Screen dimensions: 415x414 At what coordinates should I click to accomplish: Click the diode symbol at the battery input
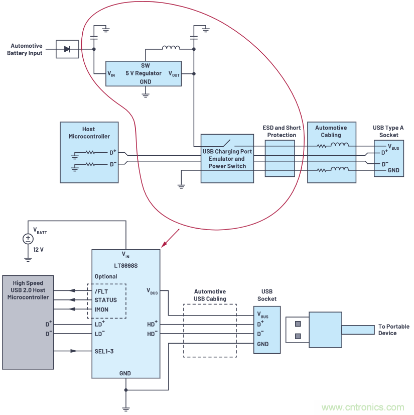tap(67, 49)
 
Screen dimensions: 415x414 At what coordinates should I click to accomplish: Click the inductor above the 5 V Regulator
tap(171, 48)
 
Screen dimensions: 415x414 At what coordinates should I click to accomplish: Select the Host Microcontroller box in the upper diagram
tap(89, 152)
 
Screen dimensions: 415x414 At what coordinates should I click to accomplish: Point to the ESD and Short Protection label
tap(282, 132)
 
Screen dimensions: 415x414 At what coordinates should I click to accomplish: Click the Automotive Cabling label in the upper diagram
tap(331, 131)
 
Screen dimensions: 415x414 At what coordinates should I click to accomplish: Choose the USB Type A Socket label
tap(388, 131)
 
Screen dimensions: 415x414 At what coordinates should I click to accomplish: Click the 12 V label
tap(38, 250)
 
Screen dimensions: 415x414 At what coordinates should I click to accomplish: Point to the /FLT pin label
tap(101, 290)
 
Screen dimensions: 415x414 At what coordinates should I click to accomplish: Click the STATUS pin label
tap(105, 300)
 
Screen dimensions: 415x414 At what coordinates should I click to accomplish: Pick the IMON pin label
tap(102, 309)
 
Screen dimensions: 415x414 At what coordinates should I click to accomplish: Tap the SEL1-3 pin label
tap(104, 351)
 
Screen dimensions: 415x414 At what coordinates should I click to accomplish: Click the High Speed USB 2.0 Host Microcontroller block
tap(28, 322)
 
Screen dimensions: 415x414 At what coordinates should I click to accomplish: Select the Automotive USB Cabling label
tap(210, 295)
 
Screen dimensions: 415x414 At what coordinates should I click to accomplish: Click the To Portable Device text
tap(394, 330)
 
